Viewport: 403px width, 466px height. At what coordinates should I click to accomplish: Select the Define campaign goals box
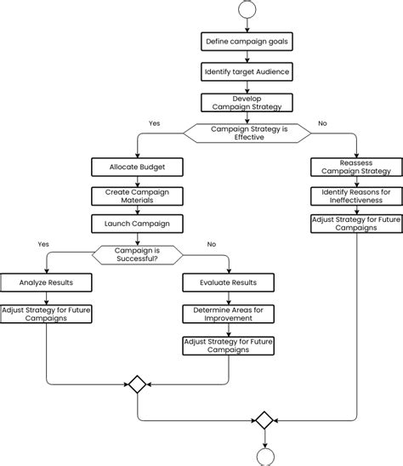click(x=247, y=41)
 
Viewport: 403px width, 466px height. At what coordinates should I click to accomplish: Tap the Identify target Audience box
click(x=247, y=71)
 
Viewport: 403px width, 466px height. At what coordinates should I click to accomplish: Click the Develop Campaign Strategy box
click(x=247, y=103)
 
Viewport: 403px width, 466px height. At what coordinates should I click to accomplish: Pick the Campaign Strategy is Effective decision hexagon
click(x=249, y=133)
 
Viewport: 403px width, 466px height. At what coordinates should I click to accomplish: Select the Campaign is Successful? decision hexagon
click(x=137, y=254)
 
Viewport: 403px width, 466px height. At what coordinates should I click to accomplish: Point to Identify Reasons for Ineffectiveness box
click(x=356, y=196)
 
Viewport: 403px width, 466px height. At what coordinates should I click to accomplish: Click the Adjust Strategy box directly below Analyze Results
click(x=45, y=315)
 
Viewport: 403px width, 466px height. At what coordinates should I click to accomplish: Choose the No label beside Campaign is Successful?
click(x=212, y=244)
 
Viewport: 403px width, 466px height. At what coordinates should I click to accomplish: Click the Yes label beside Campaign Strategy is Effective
click(x=154, y=123)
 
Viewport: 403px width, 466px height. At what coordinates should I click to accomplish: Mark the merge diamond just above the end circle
click(x=264, y=420)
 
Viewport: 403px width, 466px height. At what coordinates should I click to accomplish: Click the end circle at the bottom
click(x=264, y=457)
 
